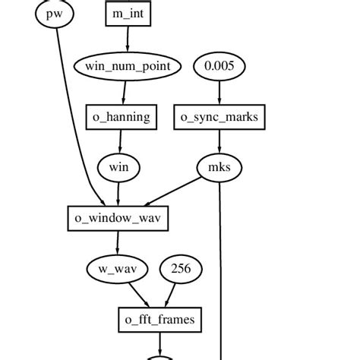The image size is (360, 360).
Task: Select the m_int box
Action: pyautogui.click(x=126, y=13)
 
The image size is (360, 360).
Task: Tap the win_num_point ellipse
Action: pyautogui.click(x=127, y=66)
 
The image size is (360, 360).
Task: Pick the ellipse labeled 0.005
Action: pyautogui.click(x=219, y=66)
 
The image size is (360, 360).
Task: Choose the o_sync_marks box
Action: pyautogui.click(x=219, y=116)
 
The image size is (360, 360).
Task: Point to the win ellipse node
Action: pyautogui.click(x=118, y=166)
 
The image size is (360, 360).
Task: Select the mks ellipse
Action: pyautogui.click(x=219, y=166)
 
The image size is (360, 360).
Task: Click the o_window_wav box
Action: pyautogui.click(x=117, y=218)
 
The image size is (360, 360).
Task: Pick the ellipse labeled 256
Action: pyautogui.click(x=180, y=268)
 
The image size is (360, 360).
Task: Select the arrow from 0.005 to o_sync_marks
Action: pyautogui.click(x=219, y=91)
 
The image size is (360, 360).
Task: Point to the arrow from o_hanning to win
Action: pyautogui.click(x=120, y=141)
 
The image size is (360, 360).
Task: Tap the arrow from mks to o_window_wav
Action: pyautogui.click(x=173, y=190)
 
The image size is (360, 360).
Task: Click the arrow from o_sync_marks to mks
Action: pyautogui.click(x=219, y=141)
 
